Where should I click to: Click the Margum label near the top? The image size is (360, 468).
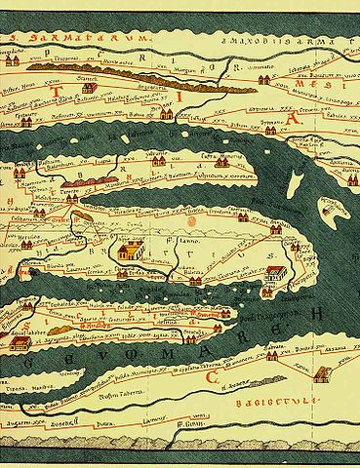tap(199, 69)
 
